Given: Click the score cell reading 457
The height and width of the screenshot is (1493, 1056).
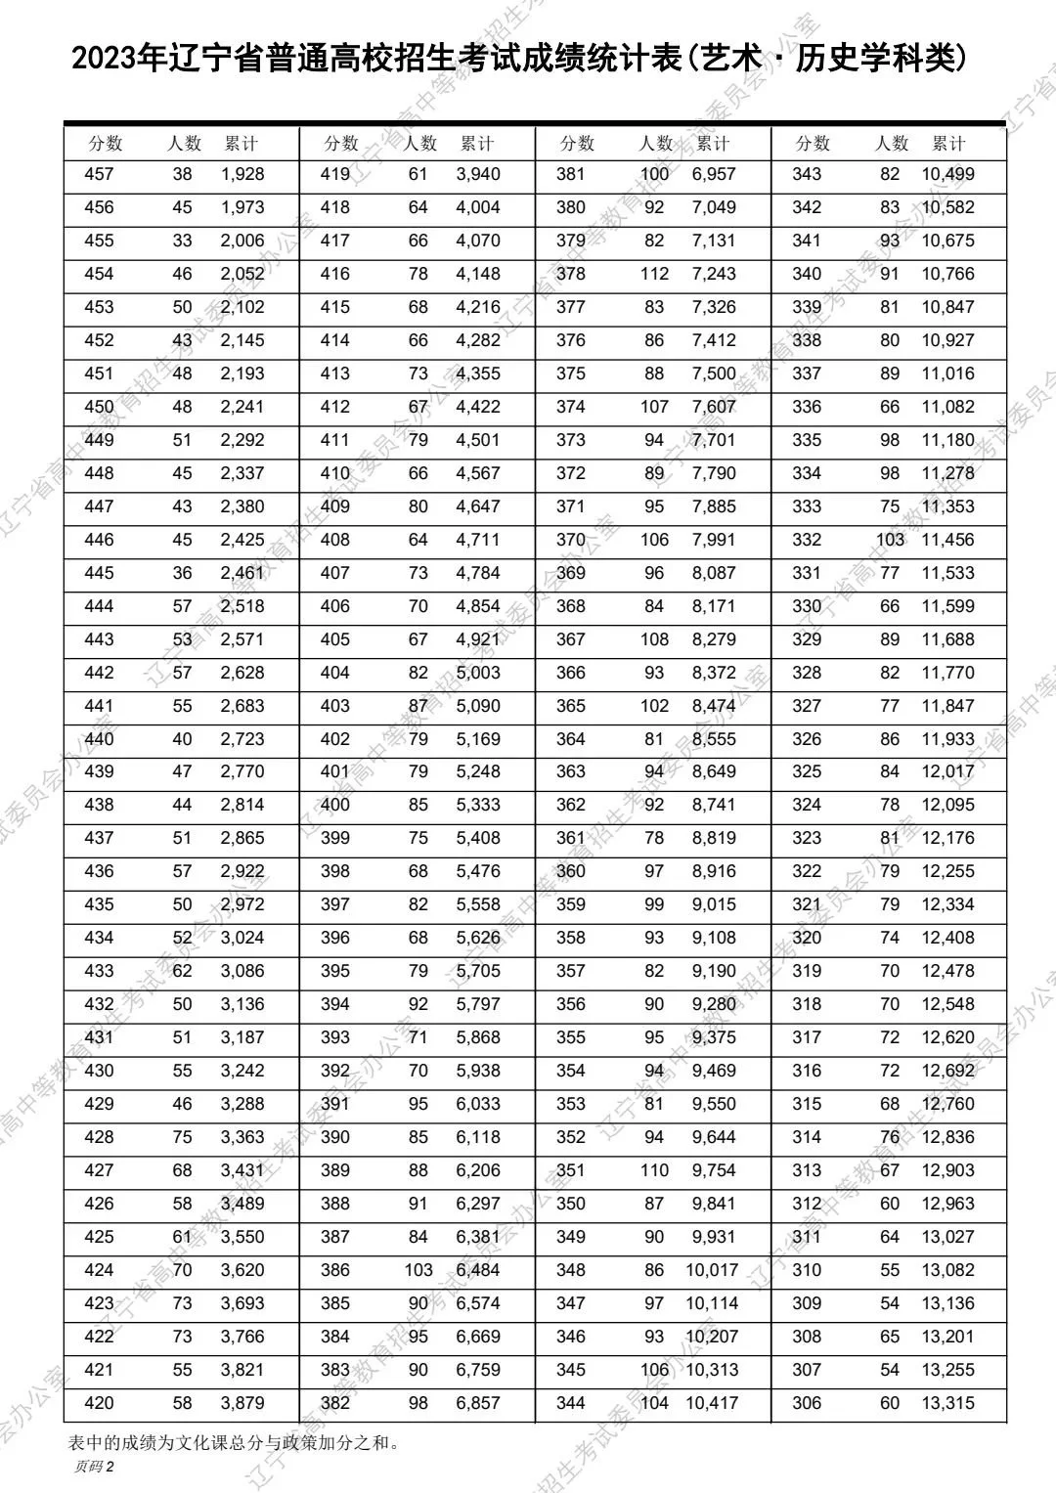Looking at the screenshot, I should (99, 175).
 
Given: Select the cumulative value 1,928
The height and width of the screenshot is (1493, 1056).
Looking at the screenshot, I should (242, 175).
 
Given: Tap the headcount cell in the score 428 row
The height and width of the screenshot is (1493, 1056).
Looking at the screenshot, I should (182, 1137).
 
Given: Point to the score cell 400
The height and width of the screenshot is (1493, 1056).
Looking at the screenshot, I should (334, 805).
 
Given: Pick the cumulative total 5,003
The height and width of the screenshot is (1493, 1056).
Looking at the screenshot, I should (478, 673).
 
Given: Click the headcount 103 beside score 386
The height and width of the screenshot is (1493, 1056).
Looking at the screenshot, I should (418, 1270).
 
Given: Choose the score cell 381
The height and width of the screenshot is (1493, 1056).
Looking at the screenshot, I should (570, 175).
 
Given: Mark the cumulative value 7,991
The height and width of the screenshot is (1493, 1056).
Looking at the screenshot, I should (714, 540).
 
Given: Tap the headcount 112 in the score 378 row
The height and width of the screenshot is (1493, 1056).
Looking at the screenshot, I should (654, 274).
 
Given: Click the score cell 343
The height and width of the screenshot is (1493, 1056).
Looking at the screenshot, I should (807, 175).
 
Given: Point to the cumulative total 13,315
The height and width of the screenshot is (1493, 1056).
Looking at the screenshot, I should (947, 1403).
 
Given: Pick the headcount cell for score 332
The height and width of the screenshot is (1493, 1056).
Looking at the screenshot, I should (890, 540).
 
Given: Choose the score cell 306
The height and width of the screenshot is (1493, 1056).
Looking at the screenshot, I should (807, 1403).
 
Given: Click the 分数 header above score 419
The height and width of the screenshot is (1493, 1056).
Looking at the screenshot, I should (341, 144).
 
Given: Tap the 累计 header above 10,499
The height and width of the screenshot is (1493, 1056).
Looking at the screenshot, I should (948, 144).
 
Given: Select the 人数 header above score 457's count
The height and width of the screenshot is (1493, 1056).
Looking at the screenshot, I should (184, 144).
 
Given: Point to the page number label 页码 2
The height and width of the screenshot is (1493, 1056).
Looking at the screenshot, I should (94, 1467).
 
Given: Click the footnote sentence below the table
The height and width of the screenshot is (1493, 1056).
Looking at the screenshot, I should (235, 1441).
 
